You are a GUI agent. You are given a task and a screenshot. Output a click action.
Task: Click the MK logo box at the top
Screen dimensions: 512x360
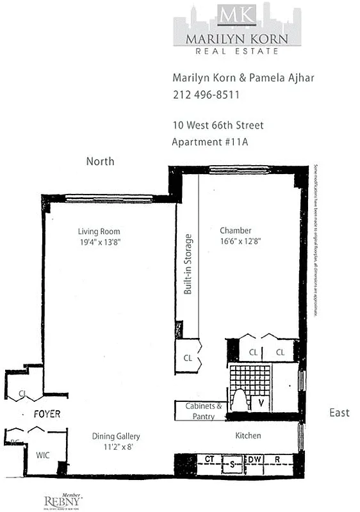pyautogui.click(x=237, y=15)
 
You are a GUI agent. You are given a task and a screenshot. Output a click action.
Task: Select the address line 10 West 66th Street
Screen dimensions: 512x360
pyautogui.click(x=217, y=125)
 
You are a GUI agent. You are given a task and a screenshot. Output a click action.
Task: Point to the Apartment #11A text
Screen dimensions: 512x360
pyautogui.click(x=209, y=141)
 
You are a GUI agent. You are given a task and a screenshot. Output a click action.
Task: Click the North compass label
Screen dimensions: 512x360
pyautogui.click(x=100, y=161)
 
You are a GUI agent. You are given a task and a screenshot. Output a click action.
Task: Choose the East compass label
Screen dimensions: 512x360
pyautogui.click(x=340, y=412)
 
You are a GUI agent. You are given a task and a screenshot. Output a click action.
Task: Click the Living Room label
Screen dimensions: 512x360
pyautogui.click(x=99, y=232)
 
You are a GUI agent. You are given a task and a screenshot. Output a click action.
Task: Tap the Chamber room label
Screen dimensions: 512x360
pyautogui.click(x=236, y=230)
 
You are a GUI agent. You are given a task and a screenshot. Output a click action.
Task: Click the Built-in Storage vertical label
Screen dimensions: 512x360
pyautogui.click(x=188, y=264)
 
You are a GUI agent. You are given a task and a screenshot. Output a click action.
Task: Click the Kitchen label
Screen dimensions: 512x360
pyautogui.click(x=248, y=436)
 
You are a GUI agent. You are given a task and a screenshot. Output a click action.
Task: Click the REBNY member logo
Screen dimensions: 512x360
pyautogui.click(x=63, y=502)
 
